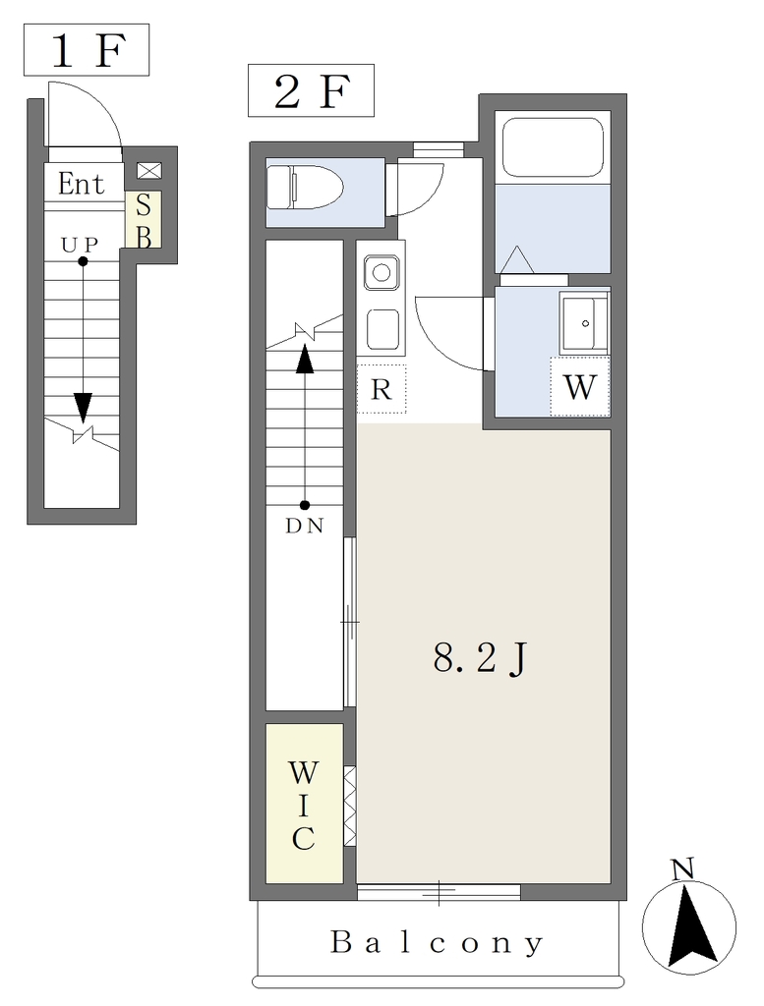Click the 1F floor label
[87, 51]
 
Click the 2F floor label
[312, 90]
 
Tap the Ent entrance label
[81, 184]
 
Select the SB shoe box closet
[144, 220]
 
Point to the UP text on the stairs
[80, 245]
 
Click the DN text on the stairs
[304, 527]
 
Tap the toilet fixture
[304, 188]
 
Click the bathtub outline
[553, 147]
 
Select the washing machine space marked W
[580, 387]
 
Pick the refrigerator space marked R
[382, 389]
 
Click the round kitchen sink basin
[382, 273]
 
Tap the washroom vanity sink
[584, 323]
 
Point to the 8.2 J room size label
[480, 659]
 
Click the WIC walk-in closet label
[303, 806]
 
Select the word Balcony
[438, 943]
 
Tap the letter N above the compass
[683, 869]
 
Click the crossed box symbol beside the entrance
[149, 171]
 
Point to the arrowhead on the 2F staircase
[304, 359]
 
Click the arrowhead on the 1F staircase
[83, 407]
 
